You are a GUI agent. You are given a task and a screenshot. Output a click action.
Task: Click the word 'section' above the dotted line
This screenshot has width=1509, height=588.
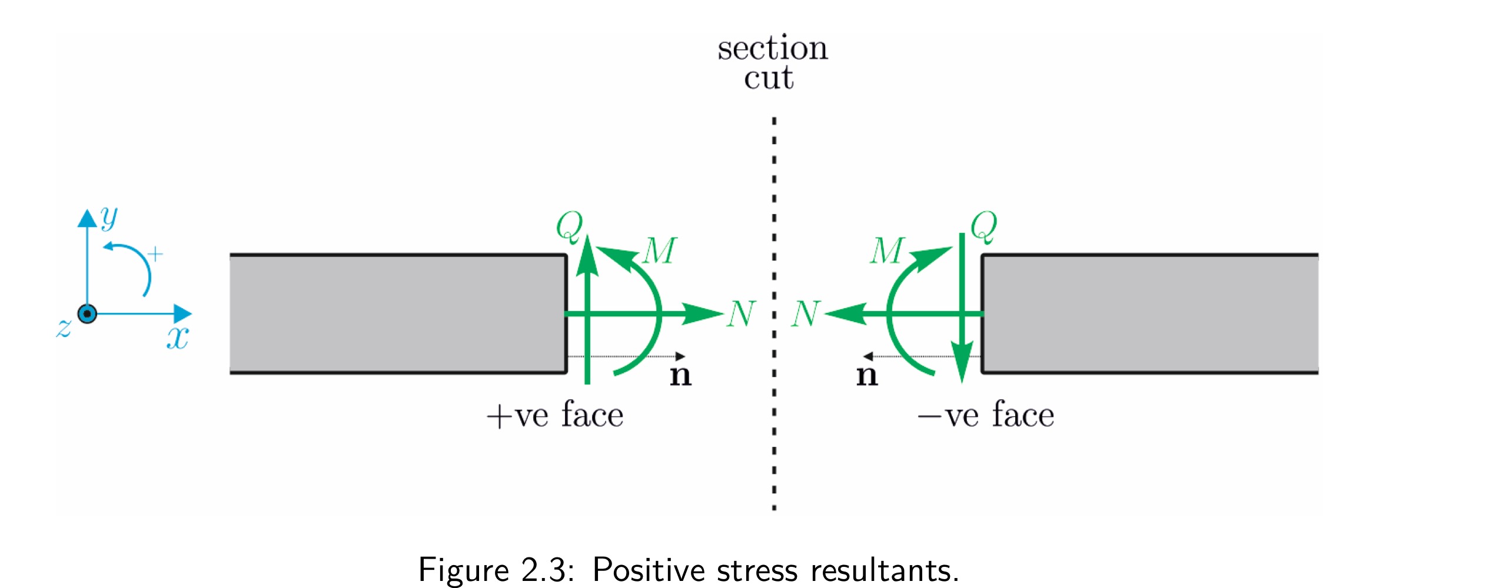(772, 49)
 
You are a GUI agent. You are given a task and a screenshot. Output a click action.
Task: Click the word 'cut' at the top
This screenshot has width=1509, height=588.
(769, 78)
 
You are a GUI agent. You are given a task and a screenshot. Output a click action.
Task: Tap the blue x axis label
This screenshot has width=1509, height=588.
(177, 338)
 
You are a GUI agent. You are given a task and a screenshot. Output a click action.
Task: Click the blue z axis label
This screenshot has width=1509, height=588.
(64, 328)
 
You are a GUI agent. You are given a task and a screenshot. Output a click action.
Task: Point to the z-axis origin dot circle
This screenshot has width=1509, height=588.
(87, 314)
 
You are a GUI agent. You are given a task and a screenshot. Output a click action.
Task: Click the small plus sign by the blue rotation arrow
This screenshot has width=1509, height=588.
(155, 254)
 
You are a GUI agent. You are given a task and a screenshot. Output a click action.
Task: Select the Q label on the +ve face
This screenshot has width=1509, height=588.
(570, 226)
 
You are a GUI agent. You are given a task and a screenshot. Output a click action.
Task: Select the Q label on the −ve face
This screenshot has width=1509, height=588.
(984, 226)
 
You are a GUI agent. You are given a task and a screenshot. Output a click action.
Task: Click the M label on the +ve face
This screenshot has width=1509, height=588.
(660, 251)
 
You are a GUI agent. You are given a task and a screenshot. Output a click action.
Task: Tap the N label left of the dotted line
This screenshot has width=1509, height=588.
(741, 313)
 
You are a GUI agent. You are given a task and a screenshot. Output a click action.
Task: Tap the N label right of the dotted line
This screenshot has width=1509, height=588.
(806, 313)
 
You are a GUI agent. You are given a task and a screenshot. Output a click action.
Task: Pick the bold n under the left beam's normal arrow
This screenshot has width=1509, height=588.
(680, 375)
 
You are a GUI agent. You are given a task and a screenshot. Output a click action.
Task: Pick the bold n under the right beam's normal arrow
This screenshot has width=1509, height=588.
(866, 375)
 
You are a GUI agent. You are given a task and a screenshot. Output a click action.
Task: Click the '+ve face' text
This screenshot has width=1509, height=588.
(554, 415)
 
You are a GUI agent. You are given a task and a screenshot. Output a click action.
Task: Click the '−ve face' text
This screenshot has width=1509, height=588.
(986, 415)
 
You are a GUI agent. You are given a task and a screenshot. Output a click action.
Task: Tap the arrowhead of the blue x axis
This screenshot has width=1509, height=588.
(183, 314)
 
